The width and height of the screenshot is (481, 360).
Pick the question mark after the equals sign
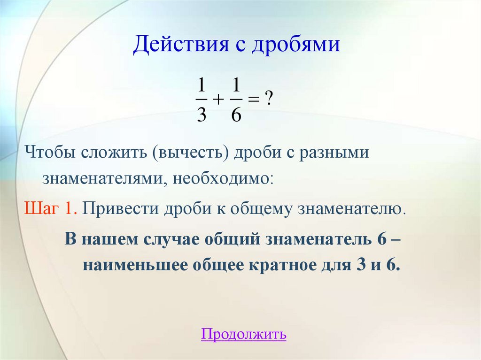269,99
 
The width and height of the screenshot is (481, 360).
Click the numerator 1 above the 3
201,86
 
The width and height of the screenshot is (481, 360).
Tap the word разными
333,153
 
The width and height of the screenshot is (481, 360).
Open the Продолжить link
243,335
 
